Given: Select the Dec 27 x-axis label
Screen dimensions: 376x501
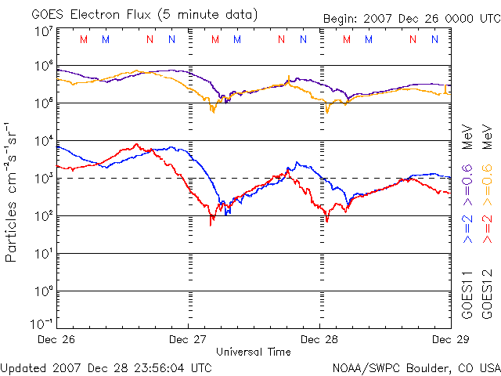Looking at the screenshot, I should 188,339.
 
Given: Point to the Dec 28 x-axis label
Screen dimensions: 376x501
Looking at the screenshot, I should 319,339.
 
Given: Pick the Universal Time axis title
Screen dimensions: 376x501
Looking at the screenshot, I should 254,351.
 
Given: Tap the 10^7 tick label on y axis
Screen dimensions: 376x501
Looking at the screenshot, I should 43,32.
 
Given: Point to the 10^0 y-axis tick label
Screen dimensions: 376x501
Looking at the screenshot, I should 43,291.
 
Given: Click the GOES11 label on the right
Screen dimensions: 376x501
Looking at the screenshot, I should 467,294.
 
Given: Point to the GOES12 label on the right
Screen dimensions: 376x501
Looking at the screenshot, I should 486,294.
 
